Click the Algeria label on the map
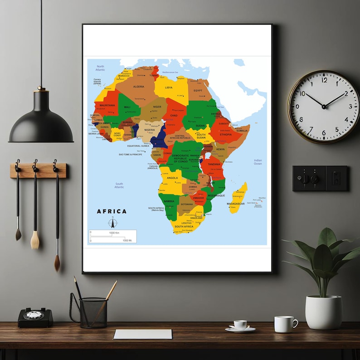[138, 86]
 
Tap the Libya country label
[169, 88]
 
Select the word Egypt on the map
[198, 90]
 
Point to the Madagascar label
[236, 204]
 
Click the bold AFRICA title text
[112, 211]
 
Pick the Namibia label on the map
[169, 201]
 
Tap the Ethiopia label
[226, 134]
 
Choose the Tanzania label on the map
[214, 164]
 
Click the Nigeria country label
[149, 130]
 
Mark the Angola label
[172, 178]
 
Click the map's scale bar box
[112, 236]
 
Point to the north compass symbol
[112, 223]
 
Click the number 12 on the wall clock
[324, 80]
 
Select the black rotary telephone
[35, 317]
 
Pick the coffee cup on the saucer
[240, 325]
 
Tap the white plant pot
[323, 312]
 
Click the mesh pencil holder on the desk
[93, 312]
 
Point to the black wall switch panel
[320, 178]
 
